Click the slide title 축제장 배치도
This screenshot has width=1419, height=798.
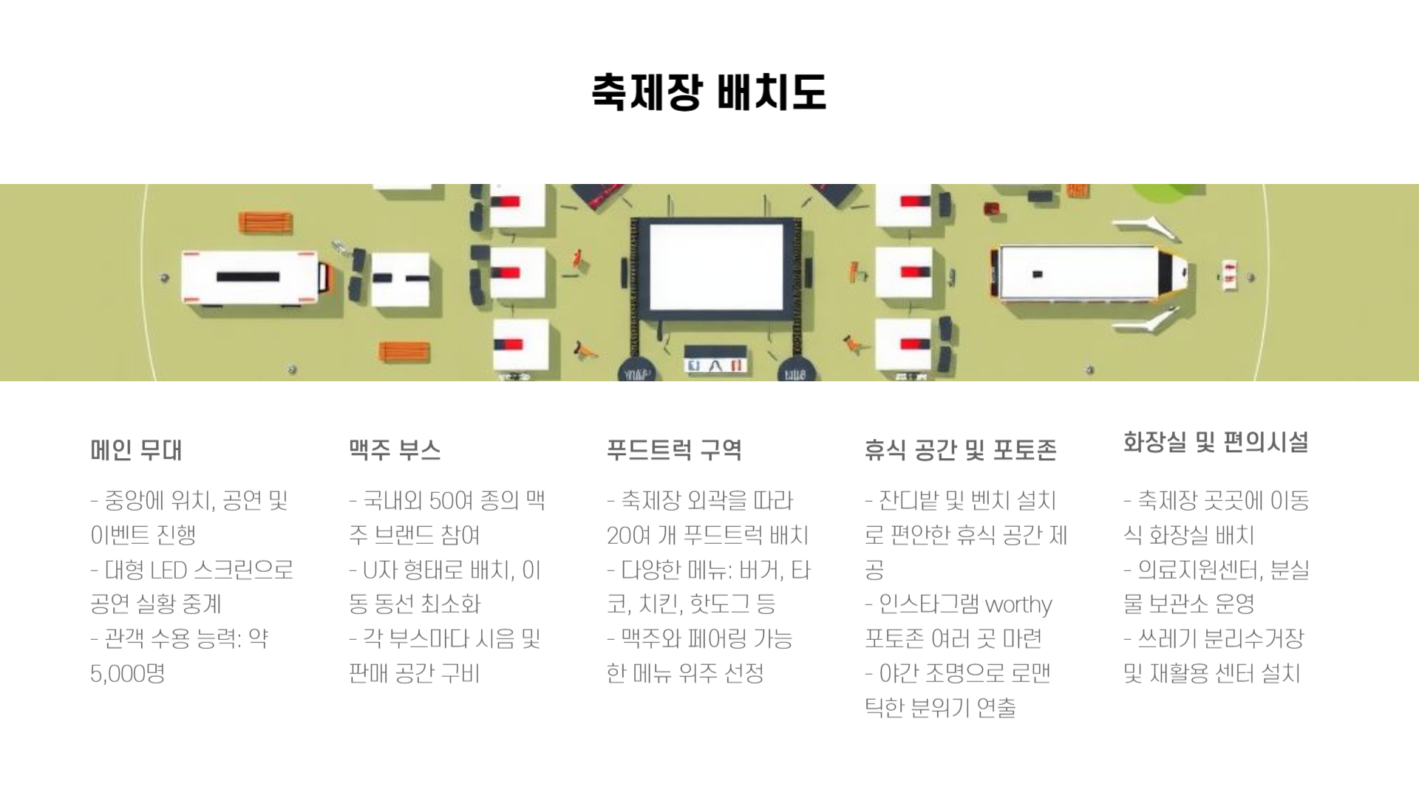pyautogui.click(x=709, y=92)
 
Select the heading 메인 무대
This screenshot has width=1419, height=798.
pyautogui.click(x=136, y=450)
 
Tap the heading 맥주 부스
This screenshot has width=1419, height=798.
pyautogui.click(x=395, y=450)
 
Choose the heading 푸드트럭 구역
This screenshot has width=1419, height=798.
pyautogui.click(x=674, y=450)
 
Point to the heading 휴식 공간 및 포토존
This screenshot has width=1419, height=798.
pyautogui.click(x=960, y=450)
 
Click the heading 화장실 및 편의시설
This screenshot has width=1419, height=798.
pyautogui.click(x=1216, y=443)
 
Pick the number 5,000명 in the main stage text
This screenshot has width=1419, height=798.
pyautogui.click(x=127, y=673)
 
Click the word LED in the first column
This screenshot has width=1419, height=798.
pyautogui.click(x=168, y=570)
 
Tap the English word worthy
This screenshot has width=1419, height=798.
pyautogui.click(x=1018, y=604)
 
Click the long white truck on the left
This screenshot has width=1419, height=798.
pyautogui.click(x=251, y=277)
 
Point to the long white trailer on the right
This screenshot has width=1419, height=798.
pyautogui.click(x=1086, y=274)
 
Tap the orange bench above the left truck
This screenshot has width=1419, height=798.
pyautogui.click(x=265, y=222)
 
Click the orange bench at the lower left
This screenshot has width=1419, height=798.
pyautogui.click(x=404, y=352)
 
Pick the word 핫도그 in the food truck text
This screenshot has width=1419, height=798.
pyautogui.click(x=718, y=604)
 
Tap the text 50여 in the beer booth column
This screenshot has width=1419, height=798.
pyautogui.click(x=451, y=501)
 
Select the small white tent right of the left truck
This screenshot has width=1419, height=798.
pyautogui.click(x=400, y=279)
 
